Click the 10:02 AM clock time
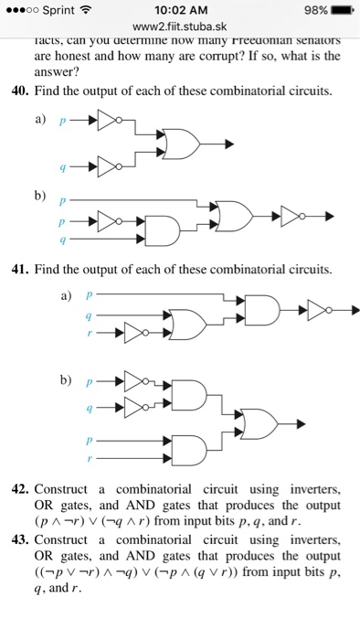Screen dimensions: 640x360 point(181,12)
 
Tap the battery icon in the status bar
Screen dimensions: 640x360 point(340,12)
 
